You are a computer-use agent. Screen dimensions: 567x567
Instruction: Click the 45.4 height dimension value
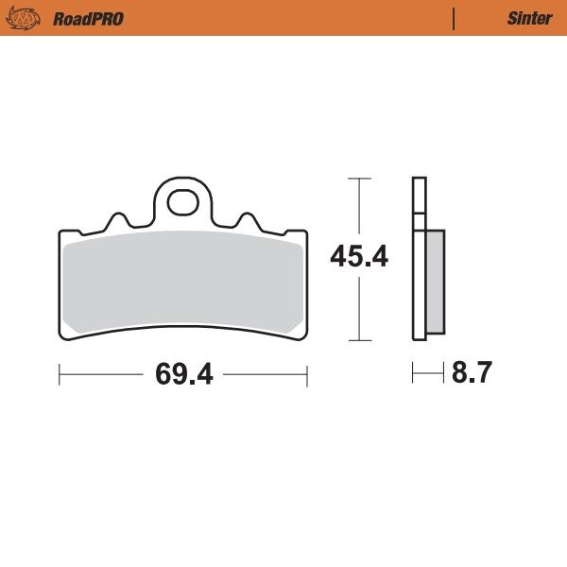(x=359, y=257)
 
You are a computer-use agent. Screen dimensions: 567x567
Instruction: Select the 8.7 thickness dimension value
(x=472, y=374)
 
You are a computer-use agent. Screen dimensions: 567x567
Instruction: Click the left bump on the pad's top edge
(x=119, y=219)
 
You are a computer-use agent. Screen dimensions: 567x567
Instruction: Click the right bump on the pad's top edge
(x=247, y=219)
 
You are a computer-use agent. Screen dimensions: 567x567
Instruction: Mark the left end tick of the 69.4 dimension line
(x=60, y=375)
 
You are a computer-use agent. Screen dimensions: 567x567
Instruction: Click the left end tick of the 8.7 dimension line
(x=413, y=374)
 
